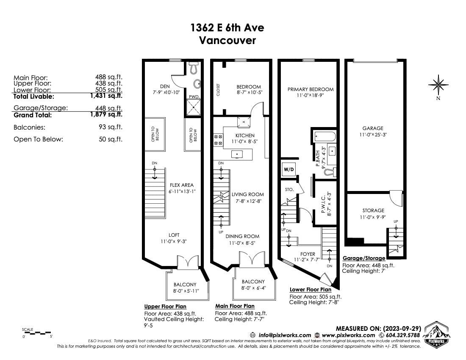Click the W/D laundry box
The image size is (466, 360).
tap(288, 169)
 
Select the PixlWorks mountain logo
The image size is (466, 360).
tap(437, 334)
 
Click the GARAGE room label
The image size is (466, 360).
tap(373, 128)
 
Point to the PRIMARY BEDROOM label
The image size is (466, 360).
tap(310, 89)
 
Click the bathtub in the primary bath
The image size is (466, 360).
tap(325, 137)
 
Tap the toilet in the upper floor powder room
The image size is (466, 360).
tap(194, 68)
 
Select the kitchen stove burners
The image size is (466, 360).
tap(218, 140)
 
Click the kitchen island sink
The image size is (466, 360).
tap(237, 154)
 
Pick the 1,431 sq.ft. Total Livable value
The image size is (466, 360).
tap(106, 96)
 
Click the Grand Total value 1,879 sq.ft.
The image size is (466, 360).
tap(106, 114)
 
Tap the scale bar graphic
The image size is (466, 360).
tap(36, 333)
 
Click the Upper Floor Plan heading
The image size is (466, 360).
tap(165, 307)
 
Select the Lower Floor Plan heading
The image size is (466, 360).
tap(311, 290)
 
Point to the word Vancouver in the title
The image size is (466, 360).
tap(227, 40)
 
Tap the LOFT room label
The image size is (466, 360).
tap(174, 235)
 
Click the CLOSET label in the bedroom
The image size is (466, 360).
tap(218, 89)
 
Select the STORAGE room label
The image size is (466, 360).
tap(373, 210)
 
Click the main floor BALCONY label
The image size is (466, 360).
tap(253, 282)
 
